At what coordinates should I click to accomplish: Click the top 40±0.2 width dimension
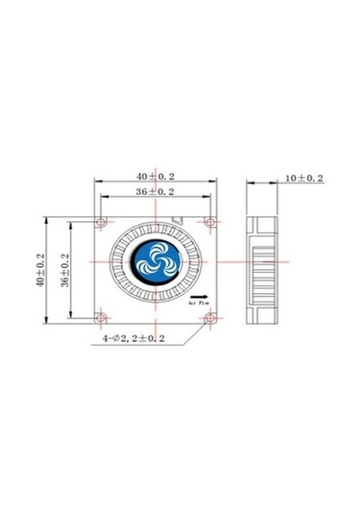click(x=156, y=177)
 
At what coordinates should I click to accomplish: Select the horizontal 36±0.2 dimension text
click(x=156, y=193)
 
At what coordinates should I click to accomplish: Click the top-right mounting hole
click(x=212, y=222)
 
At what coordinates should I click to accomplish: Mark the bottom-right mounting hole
click(x=212, y=316)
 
